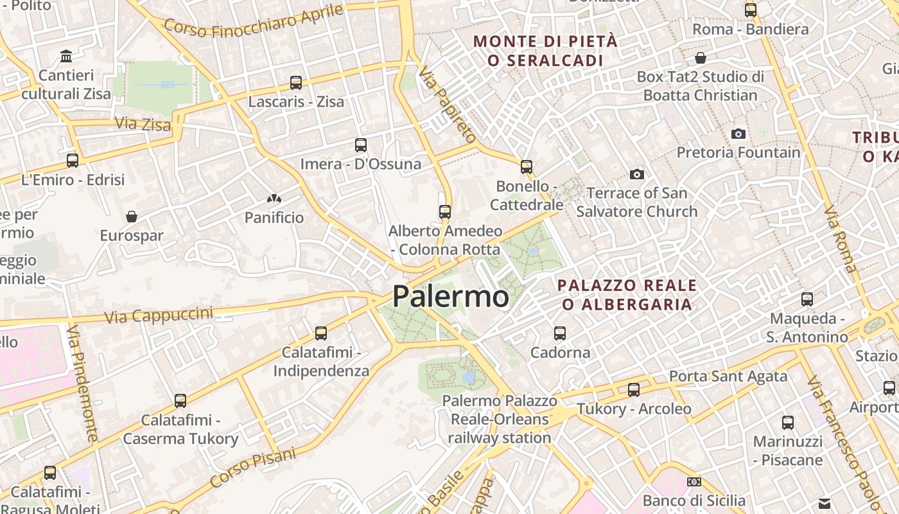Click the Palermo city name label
click(450, 297)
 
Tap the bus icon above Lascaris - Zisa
click(295, 83)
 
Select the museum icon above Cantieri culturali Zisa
click(66, 57)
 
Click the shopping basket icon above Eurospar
click(132, 217)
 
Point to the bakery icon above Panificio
click(274, 199)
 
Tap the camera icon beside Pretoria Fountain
click(738, 134)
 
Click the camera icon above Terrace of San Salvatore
click(636, 174)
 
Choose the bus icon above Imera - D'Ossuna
click(361, 145)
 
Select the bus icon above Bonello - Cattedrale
click(527, 167)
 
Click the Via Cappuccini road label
click(158, 315)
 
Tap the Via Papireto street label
click(447, 103)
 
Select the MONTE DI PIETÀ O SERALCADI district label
click(545, 51)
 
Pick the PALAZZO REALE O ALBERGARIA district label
click(626, 294)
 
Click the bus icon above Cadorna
click(560, 333)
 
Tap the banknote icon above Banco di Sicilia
click(694, 482)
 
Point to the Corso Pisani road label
click(253, 467)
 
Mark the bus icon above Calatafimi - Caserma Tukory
click(180, 401)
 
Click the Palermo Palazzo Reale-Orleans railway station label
click(500, 420)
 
